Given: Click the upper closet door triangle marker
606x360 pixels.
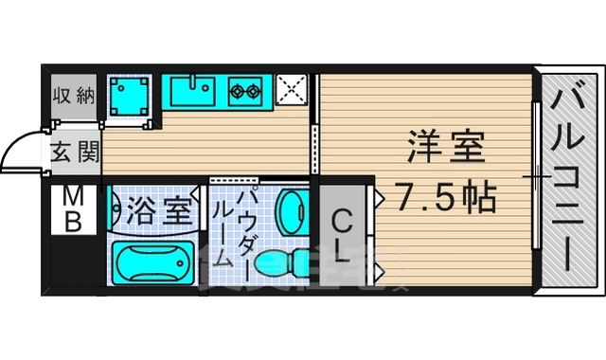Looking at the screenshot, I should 380,198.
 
